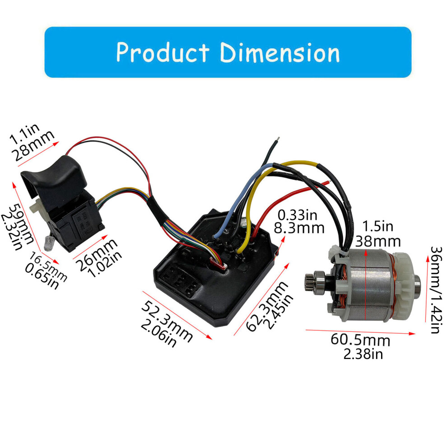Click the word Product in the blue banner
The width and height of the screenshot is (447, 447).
click(163, 52)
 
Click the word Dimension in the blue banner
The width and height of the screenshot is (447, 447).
click(280, 52)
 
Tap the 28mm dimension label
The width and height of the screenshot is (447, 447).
click(33, 145)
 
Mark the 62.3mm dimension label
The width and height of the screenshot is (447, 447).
click(266, 306)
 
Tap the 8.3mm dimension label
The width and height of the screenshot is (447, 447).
click(299, 228)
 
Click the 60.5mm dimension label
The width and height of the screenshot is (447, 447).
click(360, 340)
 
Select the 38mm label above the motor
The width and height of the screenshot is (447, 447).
click(378, 242)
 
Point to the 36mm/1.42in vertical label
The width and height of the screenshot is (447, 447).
click(437, 289)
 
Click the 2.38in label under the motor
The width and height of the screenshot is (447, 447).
click(363, 354)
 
